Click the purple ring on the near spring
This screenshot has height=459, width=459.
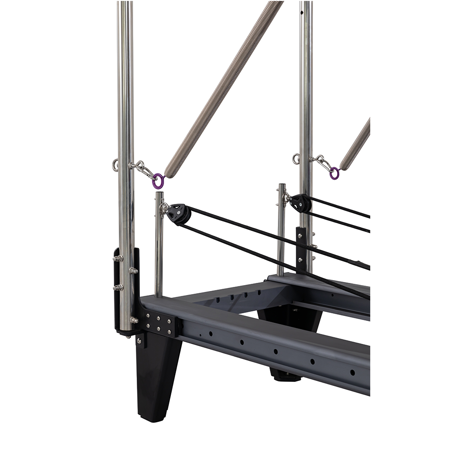tap(158, 181)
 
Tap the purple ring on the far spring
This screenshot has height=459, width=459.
tap(334, 173)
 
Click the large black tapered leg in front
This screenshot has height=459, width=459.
tap(157, 377)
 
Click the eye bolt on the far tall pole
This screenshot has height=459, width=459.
tap(296, 158)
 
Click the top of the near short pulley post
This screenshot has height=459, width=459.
tap(159, 194)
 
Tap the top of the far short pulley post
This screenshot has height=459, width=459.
tap(282, 185)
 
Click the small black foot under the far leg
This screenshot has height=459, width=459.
tap(287, 376)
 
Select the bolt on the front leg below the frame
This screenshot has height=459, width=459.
tap(139, 342)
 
